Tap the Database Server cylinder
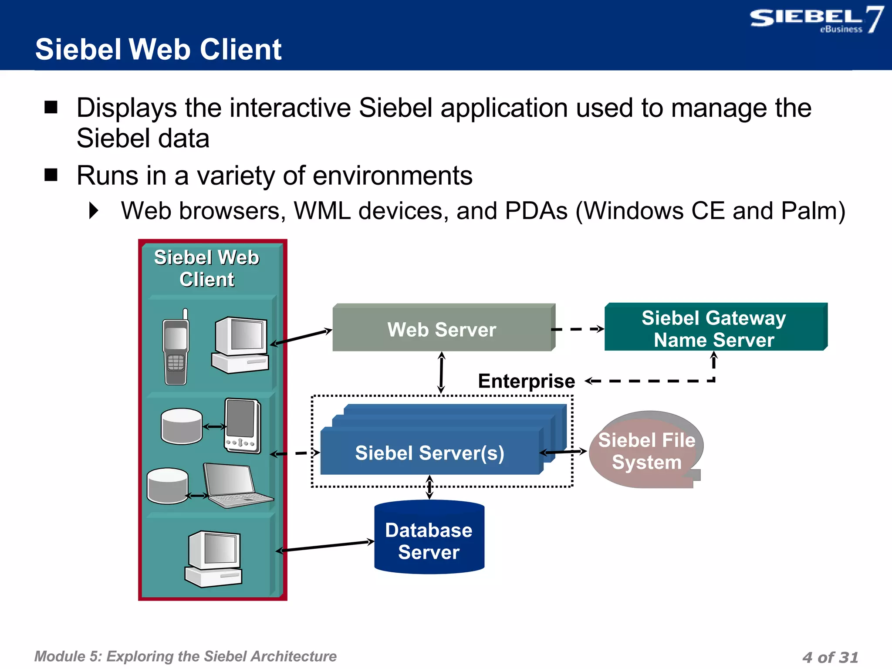coord(429,540)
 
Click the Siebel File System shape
coord(646,451)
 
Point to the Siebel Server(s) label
coord(429,453)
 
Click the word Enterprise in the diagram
coord(526,381)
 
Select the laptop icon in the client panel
coord(235,486)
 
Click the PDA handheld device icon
coord(242,426)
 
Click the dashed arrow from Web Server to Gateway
coord(577,329)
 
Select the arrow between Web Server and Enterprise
coord(441,372)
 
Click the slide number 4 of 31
coord(830,657)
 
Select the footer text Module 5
coord(185,656)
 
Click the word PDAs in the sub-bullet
coord(536,211)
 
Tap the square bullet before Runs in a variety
coord(51,175)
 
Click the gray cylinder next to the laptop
coord(167,486)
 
